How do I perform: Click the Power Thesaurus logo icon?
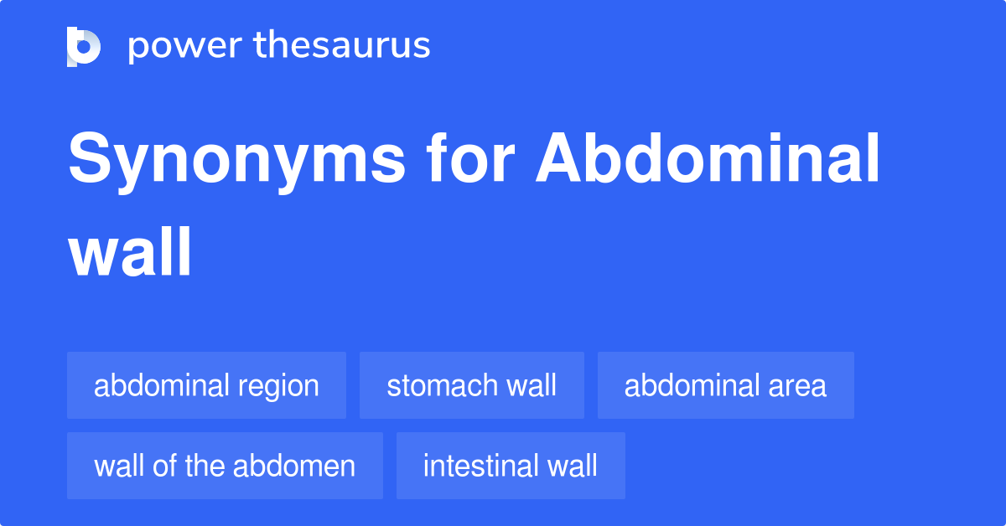pos(83,46)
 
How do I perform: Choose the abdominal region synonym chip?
pos(206,385)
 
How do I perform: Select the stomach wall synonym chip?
pos(471,385)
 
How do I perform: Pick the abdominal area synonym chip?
pos(725,385)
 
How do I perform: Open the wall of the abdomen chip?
pos(225,466)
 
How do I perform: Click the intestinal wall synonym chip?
pos(511,466)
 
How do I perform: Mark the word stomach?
pos(441,385)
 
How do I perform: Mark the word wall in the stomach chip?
pos(531,385)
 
